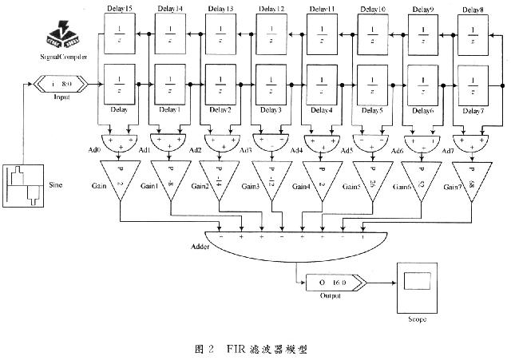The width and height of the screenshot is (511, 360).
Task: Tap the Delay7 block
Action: click(470, 83)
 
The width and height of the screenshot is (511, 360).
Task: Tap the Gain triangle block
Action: click(119, 177)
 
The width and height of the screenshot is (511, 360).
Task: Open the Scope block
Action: click(417, 285)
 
